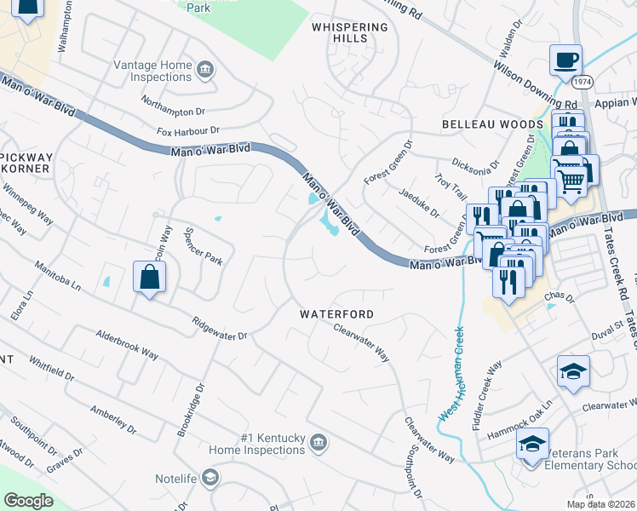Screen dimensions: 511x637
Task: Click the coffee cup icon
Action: click(x=565, y=61)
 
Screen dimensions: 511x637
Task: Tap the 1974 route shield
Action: click(x=582, y=82)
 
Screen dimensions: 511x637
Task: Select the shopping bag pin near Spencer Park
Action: click(x=149, y=278)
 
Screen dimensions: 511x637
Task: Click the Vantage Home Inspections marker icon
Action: click(x=204, y=69)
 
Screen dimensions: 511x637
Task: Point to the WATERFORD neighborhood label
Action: click(x=336, y=314)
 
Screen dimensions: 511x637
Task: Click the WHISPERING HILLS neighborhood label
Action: click(x=349, y=33)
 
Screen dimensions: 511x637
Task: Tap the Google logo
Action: click(x=28, y=501)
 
